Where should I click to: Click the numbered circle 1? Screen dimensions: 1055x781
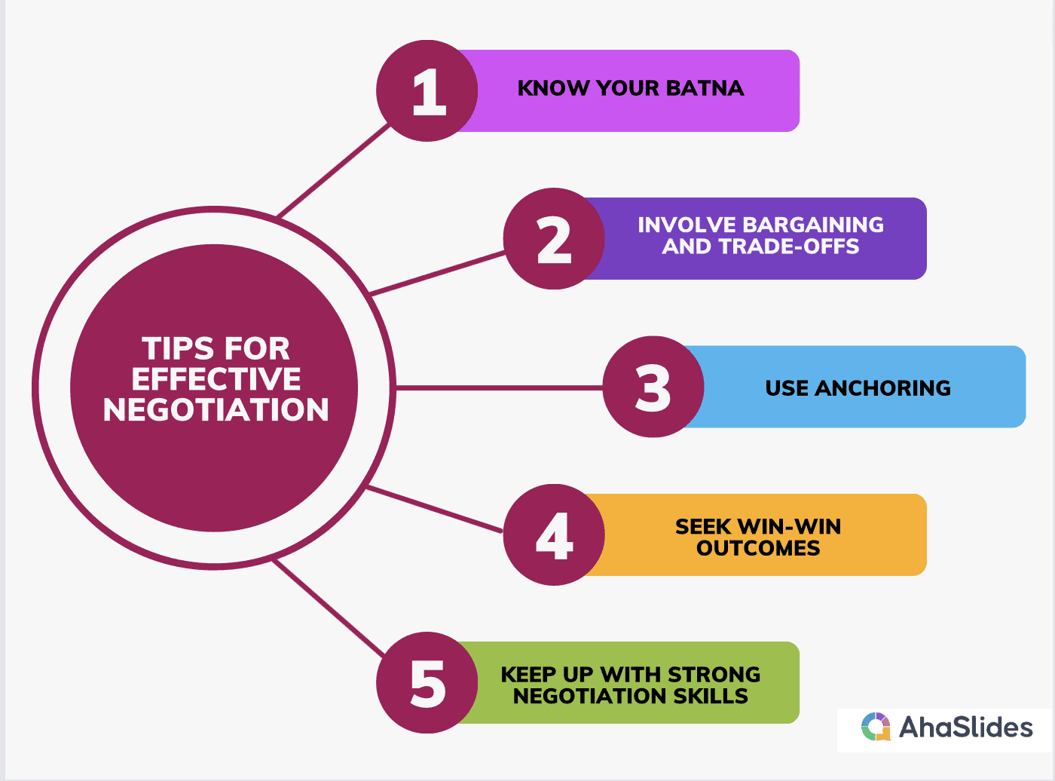427,90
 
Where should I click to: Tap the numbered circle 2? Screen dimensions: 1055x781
554,238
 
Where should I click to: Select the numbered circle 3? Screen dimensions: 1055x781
653,387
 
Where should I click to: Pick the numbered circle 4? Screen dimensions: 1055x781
554,534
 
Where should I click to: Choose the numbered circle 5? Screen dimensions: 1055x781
427,682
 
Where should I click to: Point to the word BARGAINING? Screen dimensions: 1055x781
813,225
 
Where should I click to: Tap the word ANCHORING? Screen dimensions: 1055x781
883,388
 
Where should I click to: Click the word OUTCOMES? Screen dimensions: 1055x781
758,548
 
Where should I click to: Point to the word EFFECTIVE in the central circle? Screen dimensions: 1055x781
216,379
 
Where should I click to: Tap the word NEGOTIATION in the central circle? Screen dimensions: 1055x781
216,410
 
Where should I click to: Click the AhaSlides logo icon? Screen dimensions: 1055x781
876,727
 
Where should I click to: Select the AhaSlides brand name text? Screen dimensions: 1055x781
965,727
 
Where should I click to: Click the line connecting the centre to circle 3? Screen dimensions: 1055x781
500,388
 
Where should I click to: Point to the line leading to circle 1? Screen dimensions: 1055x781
333,171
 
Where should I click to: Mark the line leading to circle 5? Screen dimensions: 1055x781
329,608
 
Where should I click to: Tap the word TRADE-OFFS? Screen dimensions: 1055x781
789,247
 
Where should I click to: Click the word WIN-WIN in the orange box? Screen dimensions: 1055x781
790,527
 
